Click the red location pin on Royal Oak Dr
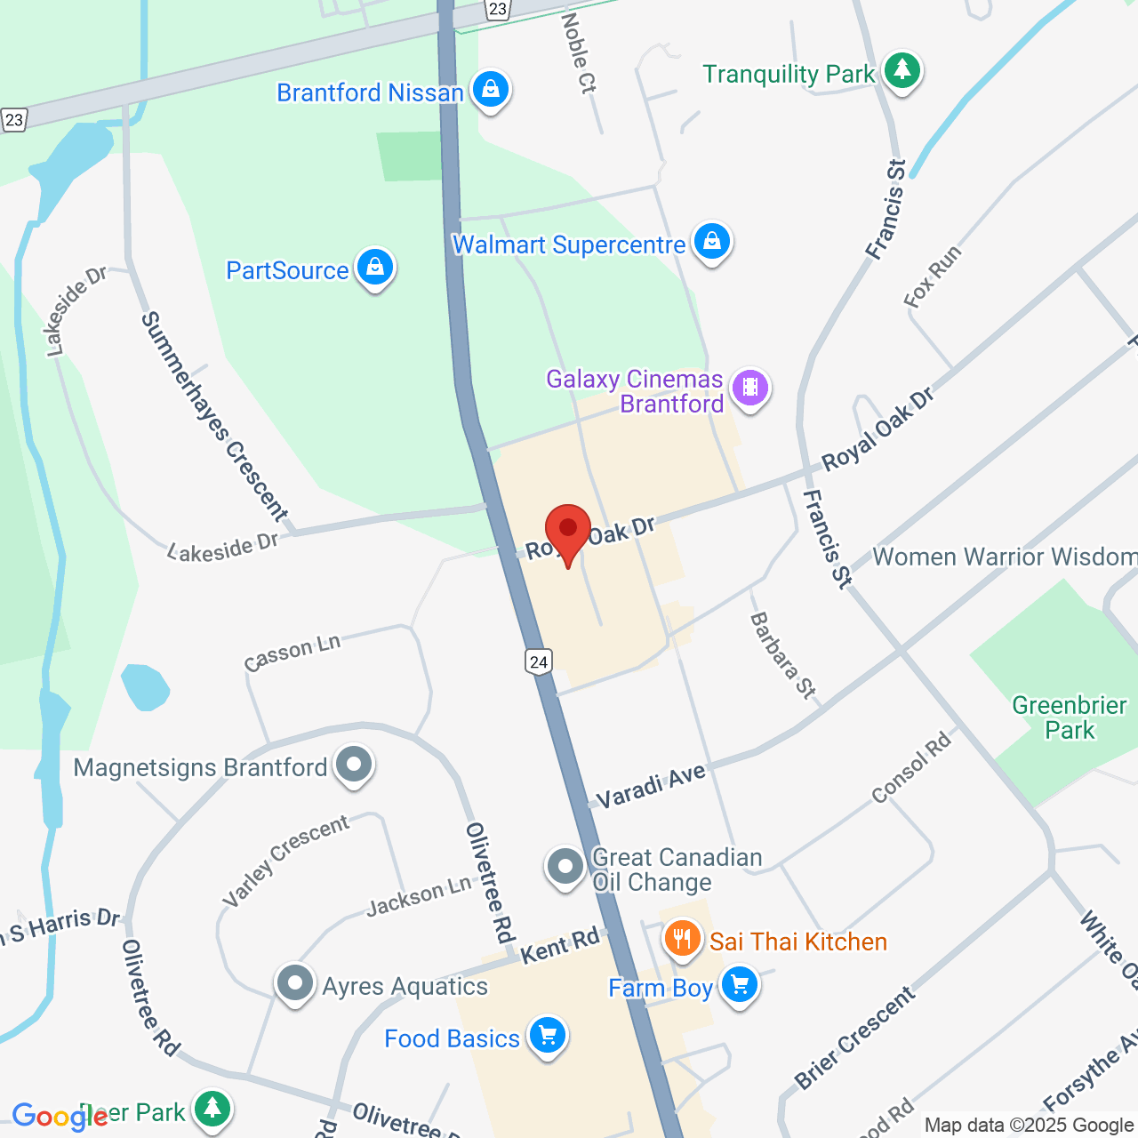pyautogui.click(x=567, y=531)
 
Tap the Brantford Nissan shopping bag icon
pyautogui.click(x=490, y=90)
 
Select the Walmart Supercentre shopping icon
pyautogui.click(x=712, y=242)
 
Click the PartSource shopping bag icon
pyautogui.click(x=375, y=268)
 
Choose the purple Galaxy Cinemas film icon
pyautogui.click(x=750, y=389)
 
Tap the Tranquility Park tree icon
pyautogui.click(x=902, y=71)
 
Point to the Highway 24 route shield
pyautogui.click(x=538, y=661)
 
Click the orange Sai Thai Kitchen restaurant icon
pyautogui.click(x=682, y=939)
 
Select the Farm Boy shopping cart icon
pyautogui.click(x=739, y=985)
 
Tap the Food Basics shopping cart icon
pyautogui.click(x=547, y=1036)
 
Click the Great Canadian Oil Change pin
pyautogui.click(x=565, y=865)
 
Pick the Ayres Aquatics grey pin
pyautogui.click(x=295, y=983)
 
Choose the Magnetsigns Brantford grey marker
pyautogui.click(x=354, y=765)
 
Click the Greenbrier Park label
pyautogui.click(x=1069, y=717)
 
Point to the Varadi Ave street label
pyautogui.click(x=651, y=786)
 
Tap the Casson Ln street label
pyautogui.click(x=293, y=653)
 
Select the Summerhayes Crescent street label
pyautogui.click(x=215, y=416)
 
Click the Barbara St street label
pyautogui.click(x=782, y=655)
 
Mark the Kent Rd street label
pyautogui.click(x=560, y=946)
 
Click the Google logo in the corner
pyautogui.click(x=60, y=1117)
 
